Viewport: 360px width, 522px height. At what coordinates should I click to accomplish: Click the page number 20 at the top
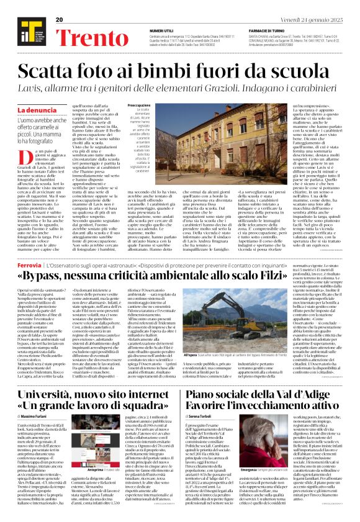pos(60,20)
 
